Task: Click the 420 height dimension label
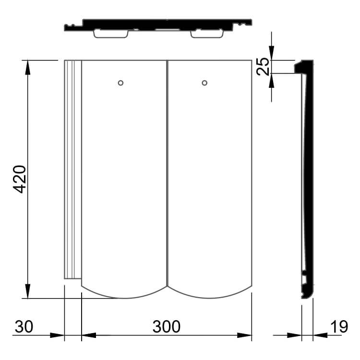pos(20,179)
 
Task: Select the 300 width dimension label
pos(167,326)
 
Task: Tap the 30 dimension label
pos(24,326)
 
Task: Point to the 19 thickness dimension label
pos(339,326)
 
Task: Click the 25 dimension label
pos(263,66)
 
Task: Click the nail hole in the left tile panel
pos(120,83)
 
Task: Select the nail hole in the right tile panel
pos(204,83)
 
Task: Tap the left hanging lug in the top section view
pos(111,34)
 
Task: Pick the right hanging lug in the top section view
pos(207,34)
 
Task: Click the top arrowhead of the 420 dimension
pos(28,67)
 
